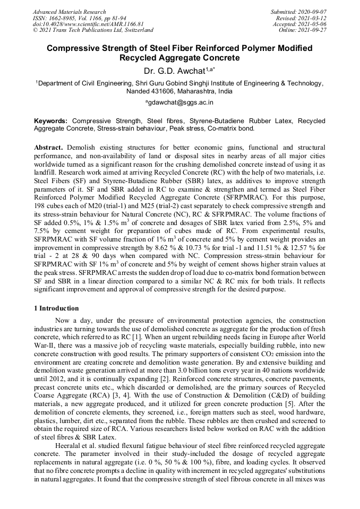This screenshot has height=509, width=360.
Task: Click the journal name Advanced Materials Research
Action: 69,12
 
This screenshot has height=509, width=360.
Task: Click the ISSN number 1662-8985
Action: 65,18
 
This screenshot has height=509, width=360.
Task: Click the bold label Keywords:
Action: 51,121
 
